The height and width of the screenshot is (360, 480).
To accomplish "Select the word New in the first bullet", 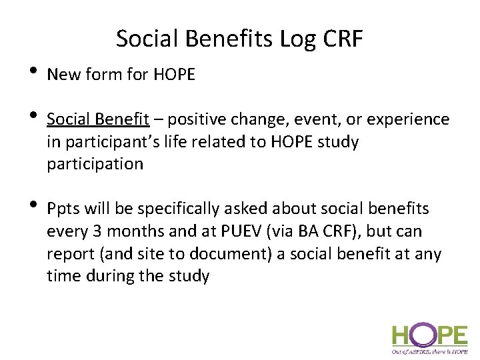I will pos(63,75).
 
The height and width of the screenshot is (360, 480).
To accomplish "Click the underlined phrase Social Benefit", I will pos(98,119).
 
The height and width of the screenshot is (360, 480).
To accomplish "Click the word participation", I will pos(95,164).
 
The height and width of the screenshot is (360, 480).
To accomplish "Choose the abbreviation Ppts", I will pos(64,209).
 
